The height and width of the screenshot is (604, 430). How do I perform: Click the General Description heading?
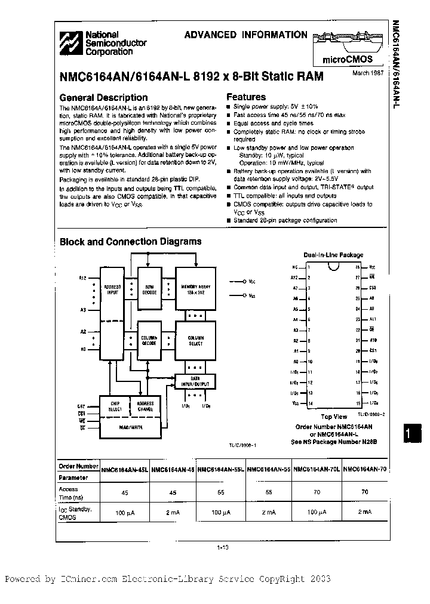click(x=103, y=97)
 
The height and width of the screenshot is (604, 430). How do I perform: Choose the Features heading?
click(x=246, y=97)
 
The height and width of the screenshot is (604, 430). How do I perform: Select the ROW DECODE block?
click(x=149, y=289)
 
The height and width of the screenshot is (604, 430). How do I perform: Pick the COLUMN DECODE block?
click(x=149, y=341)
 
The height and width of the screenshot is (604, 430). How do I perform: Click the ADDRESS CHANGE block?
click(x=145, y=406)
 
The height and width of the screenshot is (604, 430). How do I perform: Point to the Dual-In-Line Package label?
click(x=333, y=255)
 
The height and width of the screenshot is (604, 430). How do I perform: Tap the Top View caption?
click(x=334, y=417)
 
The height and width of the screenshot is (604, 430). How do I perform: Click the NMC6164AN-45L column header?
click(x=125, y=469)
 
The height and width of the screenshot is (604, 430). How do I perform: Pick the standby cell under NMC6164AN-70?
click(x=364, y=513)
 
